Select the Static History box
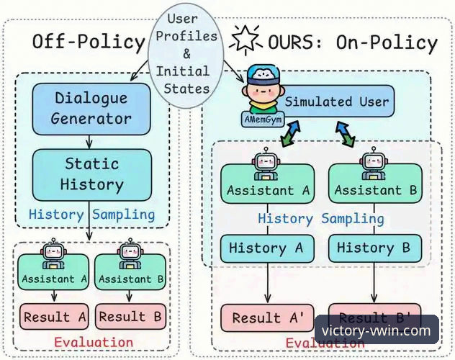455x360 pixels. [91, 174]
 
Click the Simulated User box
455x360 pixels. [335, 102]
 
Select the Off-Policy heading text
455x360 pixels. [88, 42]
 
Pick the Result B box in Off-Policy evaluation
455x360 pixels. [132, 316]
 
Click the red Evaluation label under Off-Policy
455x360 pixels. [94, 342]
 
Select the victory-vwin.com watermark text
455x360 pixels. [377, 332]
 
